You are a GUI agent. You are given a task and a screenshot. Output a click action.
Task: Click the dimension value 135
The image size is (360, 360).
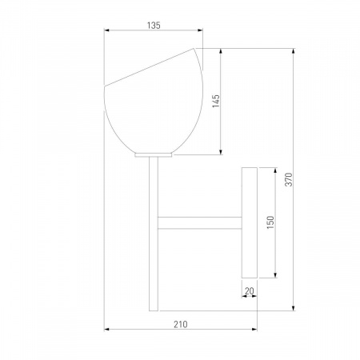point(154,26)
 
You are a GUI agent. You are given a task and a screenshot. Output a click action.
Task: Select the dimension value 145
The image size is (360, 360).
point(216,101)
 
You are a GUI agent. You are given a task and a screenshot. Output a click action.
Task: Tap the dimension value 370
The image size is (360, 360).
point(289,179)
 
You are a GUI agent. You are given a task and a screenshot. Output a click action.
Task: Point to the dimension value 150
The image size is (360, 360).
point(270,222)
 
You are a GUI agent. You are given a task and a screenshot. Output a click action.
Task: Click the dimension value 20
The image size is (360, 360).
point(250,291)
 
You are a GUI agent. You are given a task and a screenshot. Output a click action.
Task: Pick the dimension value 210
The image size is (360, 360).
point(181,324)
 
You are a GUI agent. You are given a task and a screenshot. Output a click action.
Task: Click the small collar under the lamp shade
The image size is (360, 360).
point(154,155)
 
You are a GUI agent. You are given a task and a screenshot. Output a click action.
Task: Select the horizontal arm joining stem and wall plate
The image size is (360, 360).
point(200,223)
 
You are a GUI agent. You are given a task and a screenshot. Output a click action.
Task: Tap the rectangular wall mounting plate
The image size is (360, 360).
point(250,222)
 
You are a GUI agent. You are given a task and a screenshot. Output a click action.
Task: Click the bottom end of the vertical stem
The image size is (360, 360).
point(154,310)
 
